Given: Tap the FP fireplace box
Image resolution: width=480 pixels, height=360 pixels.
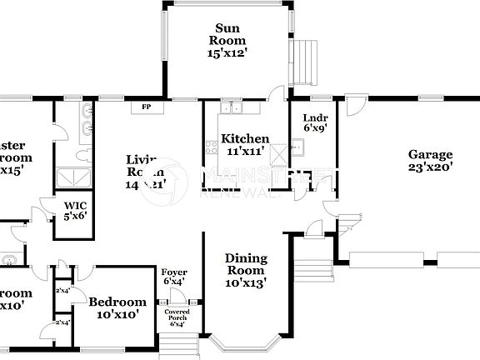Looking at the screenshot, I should coord(146,107).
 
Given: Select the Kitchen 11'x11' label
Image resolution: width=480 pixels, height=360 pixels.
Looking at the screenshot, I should coord(244,145).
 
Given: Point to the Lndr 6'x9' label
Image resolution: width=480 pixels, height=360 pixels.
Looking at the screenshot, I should coord(315,122).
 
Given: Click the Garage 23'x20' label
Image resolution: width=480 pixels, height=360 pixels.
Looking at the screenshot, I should coord(430,160).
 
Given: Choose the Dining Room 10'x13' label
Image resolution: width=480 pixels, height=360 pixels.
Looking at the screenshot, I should coord(246,269).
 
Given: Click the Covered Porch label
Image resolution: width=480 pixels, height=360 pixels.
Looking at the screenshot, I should coord(177,317).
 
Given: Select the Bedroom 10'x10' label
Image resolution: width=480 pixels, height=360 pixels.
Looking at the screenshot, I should coord(117,307).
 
